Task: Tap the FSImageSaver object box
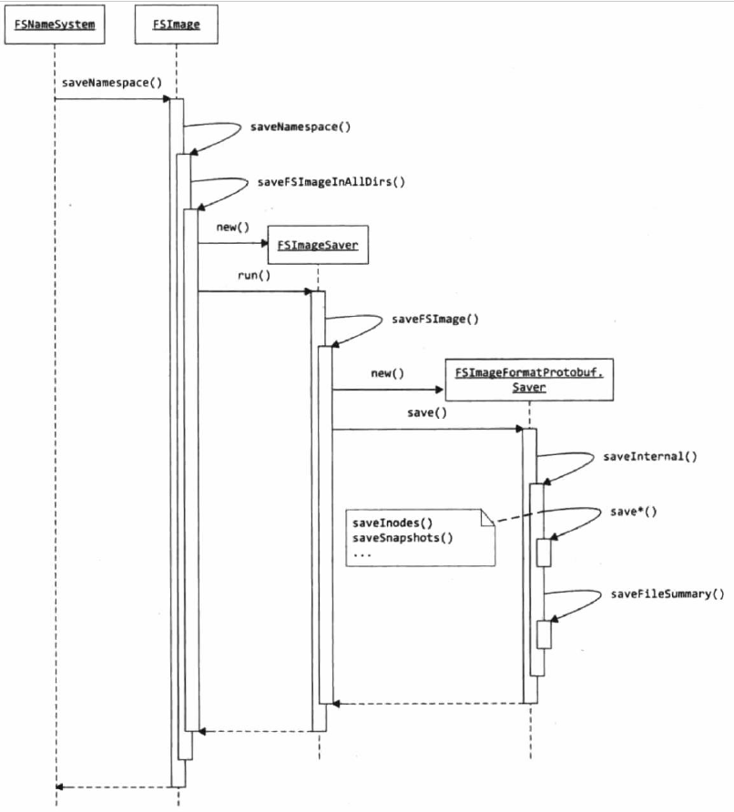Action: tap(317, 245)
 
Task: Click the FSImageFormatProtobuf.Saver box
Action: tap(527, 380)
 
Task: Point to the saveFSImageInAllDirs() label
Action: tap(331, 181)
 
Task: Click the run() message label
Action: tap(255, 275)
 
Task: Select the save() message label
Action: tap(427, 412)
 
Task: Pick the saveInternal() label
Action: tap(649, 456)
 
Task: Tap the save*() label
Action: tap(633, 512)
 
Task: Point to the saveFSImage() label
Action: tap(435, 320)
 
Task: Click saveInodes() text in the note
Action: tap(392, 523)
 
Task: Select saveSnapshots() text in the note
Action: tap(403, 538)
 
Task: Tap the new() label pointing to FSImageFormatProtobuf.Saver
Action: tap(387, 373)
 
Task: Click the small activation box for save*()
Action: tap(544, 553)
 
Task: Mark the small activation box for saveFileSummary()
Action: tap(544, 634)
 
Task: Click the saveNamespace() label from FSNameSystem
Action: tap(112, 83)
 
